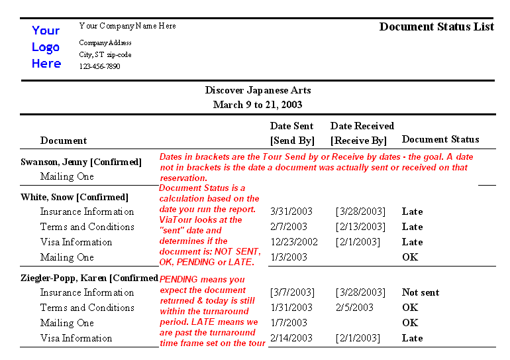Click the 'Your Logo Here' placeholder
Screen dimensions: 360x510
pyautogui.click(x=46, y=47)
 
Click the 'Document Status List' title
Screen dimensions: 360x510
pyautogui.click(x=436, y=27)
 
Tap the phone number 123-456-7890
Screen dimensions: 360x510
pyautogui.click(x=99, y=66)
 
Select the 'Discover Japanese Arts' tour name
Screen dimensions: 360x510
pyautogui.click(x=258, y=90)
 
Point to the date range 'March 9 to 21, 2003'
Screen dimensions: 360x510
pyautogui.click(x=258, y=105)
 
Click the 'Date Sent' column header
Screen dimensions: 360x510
pyautogui.click(x=291, y=126)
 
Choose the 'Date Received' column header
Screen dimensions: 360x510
pyautogui.click(x=362, y=126)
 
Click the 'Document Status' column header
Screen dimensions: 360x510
pyautogui.click(x=440, y=139)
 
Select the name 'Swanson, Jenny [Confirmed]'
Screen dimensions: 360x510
pyautogui.click(x=81, y=162)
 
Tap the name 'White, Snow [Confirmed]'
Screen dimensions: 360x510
pyautogui.click(x=74, y=197)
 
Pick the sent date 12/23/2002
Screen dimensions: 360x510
pyautogui.click(x=294, y=242)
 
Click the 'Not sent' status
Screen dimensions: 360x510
pyautogui.click(x=420, y=292)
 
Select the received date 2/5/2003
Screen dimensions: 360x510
pyautogui.click(x=354, y=308)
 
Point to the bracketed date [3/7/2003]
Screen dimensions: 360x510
pyautogui.click(x=292, y=292)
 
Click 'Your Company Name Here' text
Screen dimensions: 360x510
pyautogui.click(x=127, y=26)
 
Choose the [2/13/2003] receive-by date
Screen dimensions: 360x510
pyautogui.click(x=360, y=227)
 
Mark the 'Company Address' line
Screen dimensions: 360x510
pyautogui.click(x=105, y=43)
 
